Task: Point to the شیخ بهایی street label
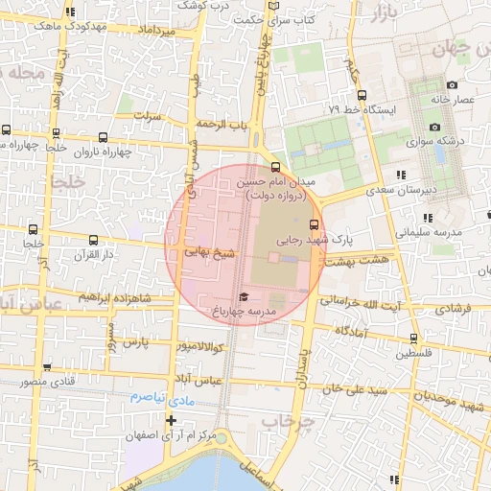[x=210, y=254]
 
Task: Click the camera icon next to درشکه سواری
[x=434, y=127]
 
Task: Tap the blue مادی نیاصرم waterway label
[x=162, y=396]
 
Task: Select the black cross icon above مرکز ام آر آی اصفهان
[x=171, y=420]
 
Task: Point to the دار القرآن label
[x=95, y=255]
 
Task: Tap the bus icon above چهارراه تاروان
[x=103, y=137]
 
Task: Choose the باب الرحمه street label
[x=222, y=125]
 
